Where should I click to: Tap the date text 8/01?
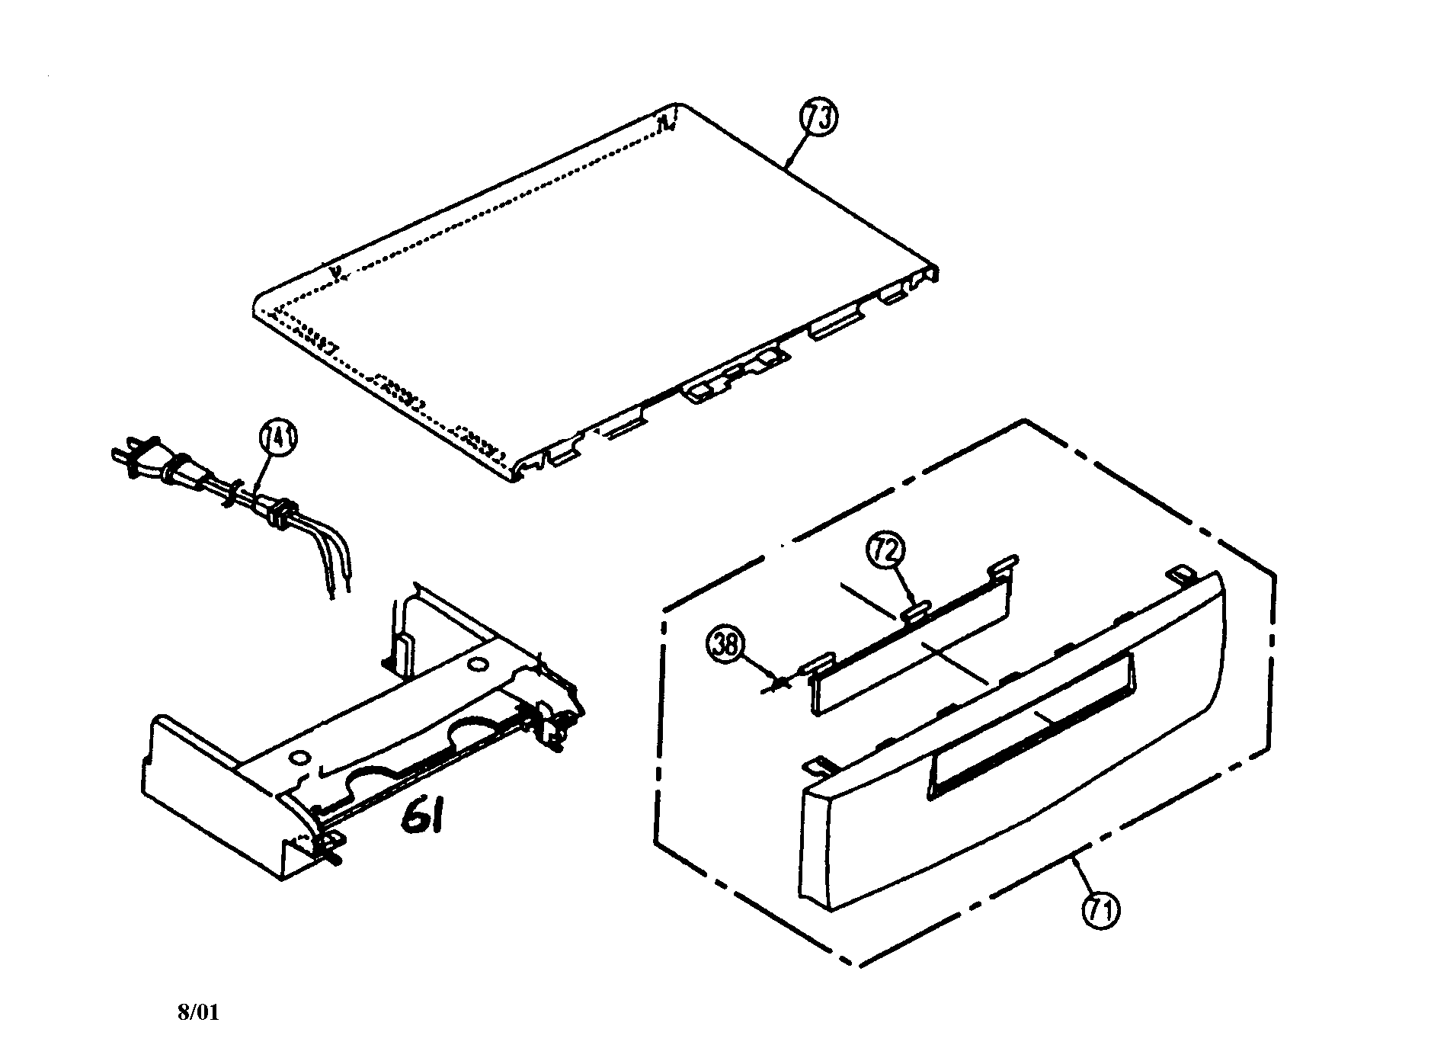click(198, 1013)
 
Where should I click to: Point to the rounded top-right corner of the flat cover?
click(678, 107)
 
